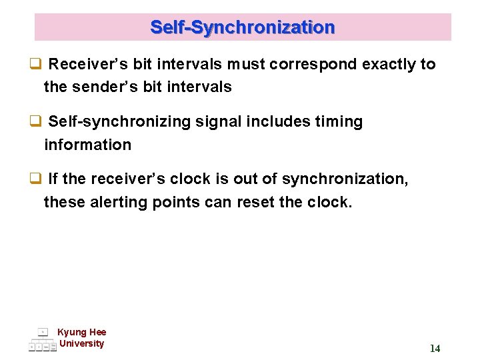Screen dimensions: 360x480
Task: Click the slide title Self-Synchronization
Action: tap(243, 27)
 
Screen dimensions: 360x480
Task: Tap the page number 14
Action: tap(435, 348)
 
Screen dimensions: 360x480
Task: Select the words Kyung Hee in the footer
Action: tap(81, 332)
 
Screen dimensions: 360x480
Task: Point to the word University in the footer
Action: tap(81, 343)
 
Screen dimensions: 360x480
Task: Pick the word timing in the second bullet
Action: tap(339, 122)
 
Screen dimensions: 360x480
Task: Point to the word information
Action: tap(87, 145)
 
